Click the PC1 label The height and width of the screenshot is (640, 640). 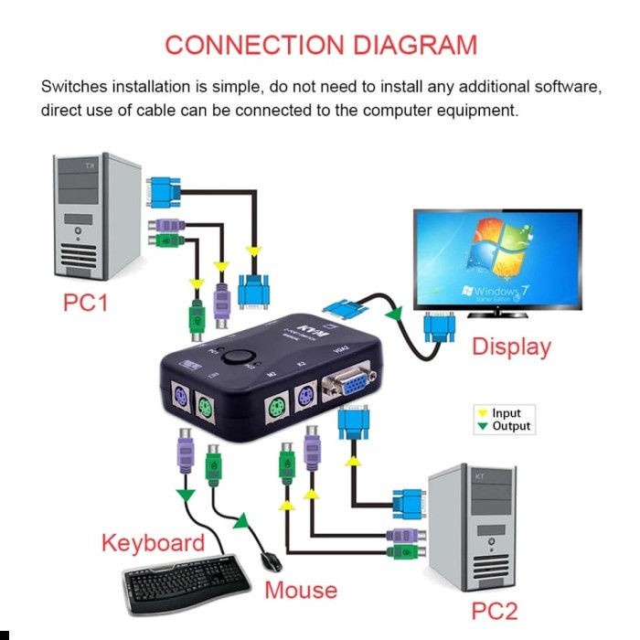(85, 303)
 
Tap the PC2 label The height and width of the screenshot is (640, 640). (496, 609)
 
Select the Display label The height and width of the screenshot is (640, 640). (511, 347)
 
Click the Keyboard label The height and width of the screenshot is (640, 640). (153, 542)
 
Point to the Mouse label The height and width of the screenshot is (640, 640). (301, 590)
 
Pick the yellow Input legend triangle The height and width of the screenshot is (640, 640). (483, 414)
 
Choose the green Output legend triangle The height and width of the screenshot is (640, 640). (483, 427)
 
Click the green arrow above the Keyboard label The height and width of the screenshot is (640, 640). (186, 496)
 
